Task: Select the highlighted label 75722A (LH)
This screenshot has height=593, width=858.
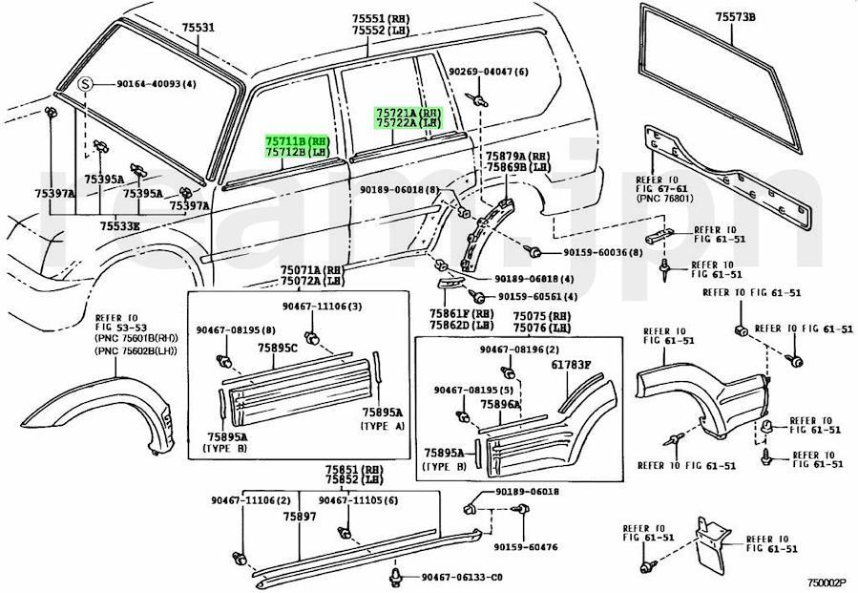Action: (408, 124)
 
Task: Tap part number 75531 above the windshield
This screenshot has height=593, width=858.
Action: (199, 29)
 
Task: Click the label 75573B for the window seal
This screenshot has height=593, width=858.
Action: (735, 16)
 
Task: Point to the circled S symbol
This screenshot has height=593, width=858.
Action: (86, 84)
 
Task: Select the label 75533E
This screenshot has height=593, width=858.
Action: (120, 226)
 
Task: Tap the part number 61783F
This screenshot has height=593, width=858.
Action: (571, 365)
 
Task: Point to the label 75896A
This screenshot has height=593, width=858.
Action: (500, 405)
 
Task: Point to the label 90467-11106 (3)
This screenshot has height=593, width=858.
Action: (322, 306)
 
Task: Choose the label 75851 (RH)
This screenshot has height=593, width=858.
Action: (353, 470)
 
